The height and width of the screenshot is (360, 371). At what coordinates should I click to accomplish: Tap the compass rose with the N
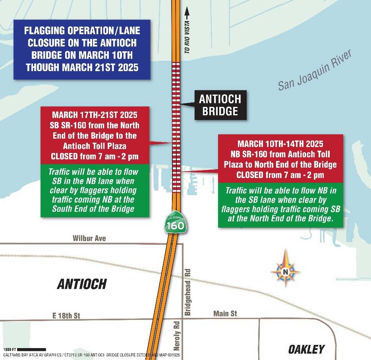pos(285,271)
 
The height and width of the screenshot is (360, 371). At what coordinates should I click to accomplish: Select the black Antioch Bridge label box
pos(220,105)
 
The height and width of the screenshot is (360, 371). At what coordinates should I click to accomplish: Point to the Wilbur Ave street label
pos(89,238)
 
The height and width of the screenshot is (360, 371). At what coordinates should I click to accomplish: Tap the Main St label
pos(225,314)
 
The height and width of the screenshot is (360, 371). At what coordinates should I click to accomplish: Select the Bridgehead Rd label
pos(188,292)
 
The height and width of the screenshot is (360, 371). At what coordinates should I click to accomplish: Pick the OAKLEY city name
pos(306,349)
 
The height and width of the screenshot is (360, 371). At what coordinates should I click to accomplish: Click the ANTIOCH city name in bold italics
pos(82,284)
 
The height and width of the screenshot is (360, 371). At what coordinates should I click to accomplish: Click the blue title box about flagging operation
pos(82,49)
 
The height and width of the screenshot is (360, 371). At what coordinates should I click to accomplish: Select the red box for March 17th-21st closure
pos(95,135)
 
